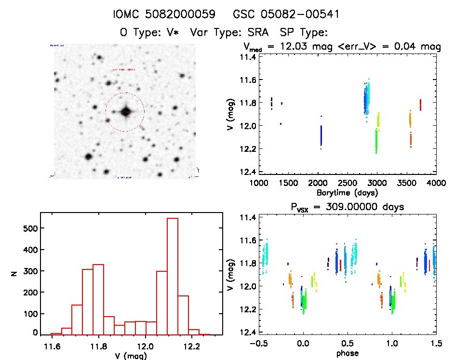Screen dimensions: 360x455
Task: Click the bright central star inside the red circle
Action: click(126, 112)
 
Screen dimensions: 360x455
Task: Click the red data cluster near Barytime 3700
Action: click(420, 105)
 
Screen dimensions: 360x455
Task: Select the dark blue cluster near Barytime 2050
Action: click(321, 135)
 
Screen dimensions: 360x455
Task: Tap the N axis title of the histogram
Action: click(14, 274)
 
